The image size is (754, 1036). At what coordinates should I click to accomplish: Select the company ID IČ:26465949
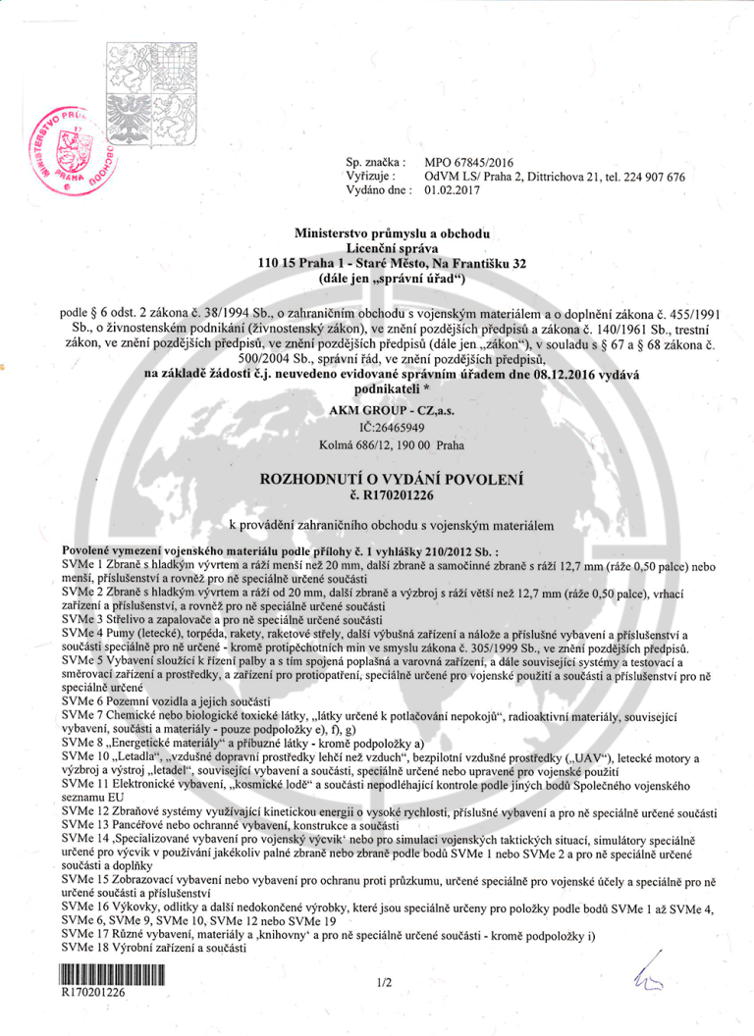[391, 428]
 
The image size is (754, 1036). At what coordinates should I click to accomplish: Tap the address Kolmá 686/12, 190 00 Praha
[391, 444]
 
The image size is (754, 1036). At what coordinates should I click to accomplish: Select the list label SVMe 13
[86, 827]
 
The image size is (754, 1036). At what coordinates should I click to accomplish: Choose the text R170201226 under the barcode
[93, 992]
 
